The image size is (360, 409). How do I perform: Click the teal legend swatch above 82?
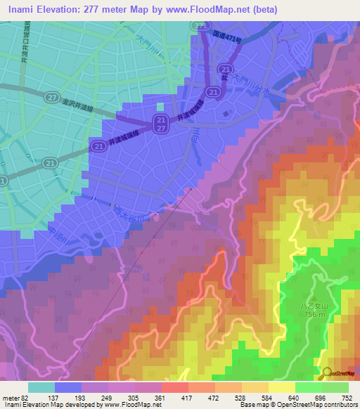41,387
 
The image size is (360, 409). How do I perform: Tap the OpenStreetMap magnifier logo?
326,373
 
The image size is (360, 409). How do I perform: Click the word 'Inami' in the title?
22,9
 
